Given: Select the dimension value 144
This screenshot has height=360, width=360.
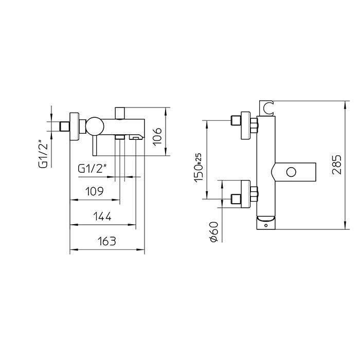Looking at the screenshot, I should pos(102,216).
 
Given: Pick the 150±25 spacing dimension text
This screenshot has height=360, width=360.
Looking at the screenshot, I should pos(197,166).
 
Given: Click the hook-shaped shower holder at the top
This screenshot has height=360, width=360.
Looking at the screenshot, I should pos(267,107).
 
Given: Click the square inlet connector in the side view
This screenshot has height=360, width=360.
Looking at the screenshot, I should pos(64,125).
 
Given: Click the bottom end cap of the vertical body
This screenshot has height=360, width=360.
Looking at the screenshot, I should pos(266,222).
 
